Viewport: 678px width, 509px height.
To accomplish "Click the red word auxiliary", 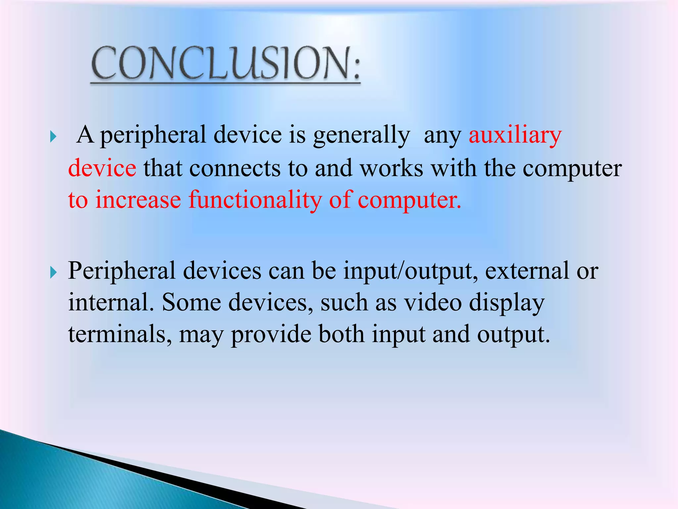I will (x=515, y=135).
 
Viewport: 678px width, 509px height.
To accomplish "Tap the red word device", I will (x=102, y=168).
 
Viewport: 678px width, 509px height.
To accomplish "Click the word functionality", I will (x=255, y=200).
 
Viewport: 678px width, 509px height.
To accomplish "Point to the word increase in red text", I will (x=138, y=200).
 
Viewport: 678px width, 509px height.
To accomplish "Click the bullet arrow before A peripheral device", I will (x=53, y=137).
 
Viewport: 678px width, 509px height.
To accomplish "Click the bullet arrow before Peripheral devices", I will (x=53, y=273).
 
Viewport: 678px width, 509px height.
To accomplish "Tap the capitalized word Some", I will (x=191, y=302).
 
